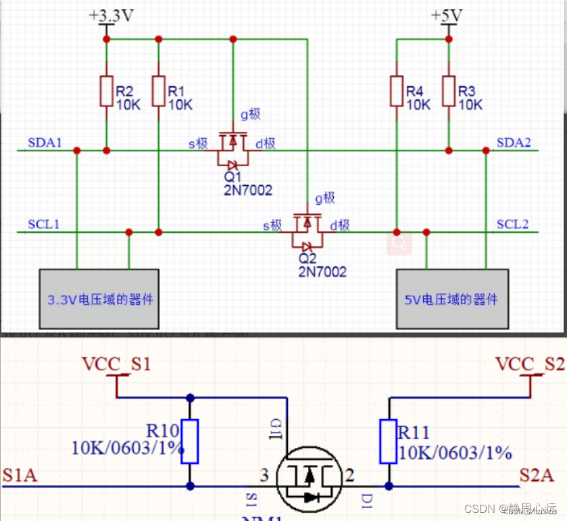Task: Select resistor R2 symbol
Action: pos(106,91)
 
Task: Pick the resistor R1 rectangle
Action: pos(158,91)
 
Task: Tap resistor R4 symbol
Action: pos(397,91)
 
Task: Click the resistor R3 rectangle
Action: pos(448,91)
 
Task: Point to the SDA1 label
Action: pos(45,143)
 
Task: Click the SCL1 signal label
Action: pos(43,224)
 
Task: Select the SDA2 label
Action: pos(514,143)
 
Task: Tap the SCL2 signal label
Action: pos(513,224)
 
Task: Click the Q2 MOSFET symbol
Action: pos(307,231)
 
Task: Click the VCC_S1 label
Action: pos(116,364)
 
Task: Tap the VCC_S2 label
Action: pos(530,364)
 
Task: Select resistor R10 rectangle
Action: pos(190,441)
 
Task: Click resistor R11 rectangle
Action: pos(388,441)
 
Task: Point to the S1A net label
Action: pos(20,476)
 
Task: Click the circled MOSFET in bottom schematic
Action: pos(309,478)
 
